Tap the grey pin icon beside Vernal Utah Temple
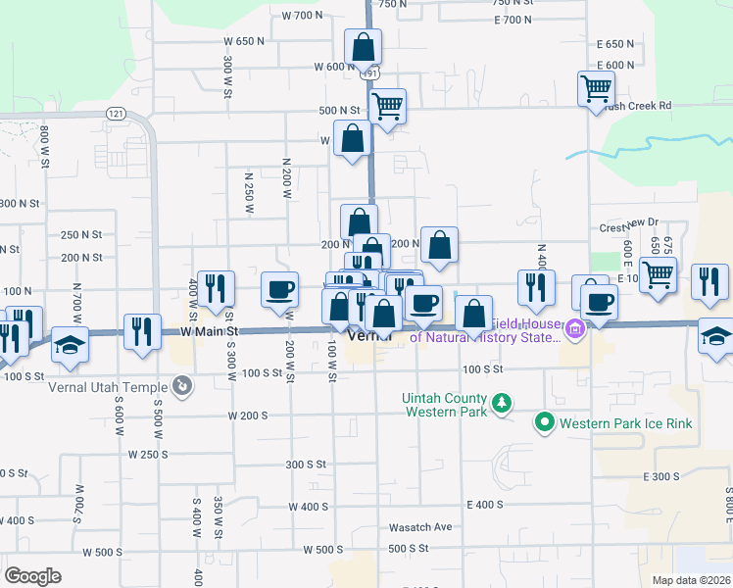point(180,386)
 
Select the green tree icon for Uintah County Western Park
point(501,403)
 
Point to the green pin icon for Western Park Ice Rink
point(544,423)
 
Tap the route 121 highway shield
point(116,114)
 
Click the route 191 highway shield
point(369,73)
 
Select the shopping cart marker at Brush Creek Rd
point(596,89)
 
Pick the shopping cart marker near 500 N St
point(387,105)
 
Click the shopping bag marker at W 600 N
point(363,46)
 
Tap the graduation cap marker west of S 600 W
point(70,344)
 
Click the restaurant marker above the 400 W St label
point(216,288)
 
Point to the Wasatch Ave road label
point(420,526)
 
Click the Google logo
point(32,575)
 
